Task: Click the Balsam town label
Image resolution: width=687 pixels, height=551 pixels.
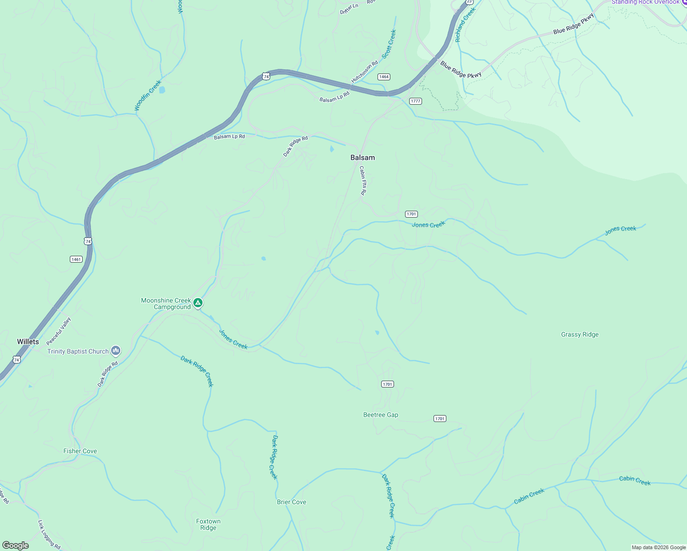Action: tap(362, 157)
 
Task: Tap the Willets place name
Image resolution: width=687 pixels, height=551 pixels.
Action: tap(28, 342)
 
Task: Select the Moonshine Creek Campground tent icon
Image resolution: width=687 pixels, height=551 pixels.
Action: tap(198, 303)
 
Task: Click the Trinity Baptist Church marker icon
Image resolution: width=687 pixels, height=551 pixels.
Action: tap(116, 351)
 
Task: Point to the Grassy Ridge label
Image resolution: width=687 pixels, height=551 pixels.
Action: tap(580, 334)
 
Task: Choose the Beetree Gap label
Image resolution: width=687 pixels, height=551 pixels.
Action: tap(381, 415)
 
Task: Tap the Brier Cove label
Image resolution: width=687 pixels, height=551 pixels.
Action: tap(291, 502)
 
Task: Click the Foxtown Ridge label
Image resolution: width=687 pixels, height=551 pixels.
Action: tap(208, 524)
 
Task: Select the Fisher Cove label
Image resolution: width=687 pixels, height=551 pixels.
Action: tap(80, 451)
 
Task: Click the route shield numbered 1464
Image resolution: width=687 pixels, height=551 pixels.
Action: tap(384, 77)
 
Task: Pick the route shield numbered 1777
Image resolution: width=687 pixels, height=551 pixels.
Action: tap(415, 101)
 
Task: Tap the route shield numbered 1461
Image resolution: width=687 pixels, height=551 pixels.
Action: tap(76, 259)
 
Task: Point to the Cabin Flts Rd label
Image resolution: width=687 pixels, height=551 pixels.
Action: tap(363, 181)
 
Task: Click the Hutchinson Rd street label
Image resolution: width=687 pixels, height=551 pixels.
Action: tap(364, 72)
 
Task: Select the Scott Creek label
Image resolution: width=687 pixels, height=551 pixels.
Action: tap(389, 44)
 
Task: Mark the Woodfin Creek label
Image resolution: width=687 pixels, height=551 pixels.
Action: tap(147, 96)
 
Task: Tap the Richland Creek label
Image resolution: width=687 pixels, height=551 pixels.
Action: tap(465, 25)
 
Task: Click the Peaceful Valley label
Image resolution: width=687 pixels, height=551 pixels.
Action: tap(59, 331)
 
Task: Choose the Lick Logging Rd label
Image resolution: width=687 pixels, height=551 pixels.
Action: tap(49, 534)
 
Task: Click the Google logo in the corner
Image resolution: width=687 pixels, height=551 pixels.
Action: tap(16, 545)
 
